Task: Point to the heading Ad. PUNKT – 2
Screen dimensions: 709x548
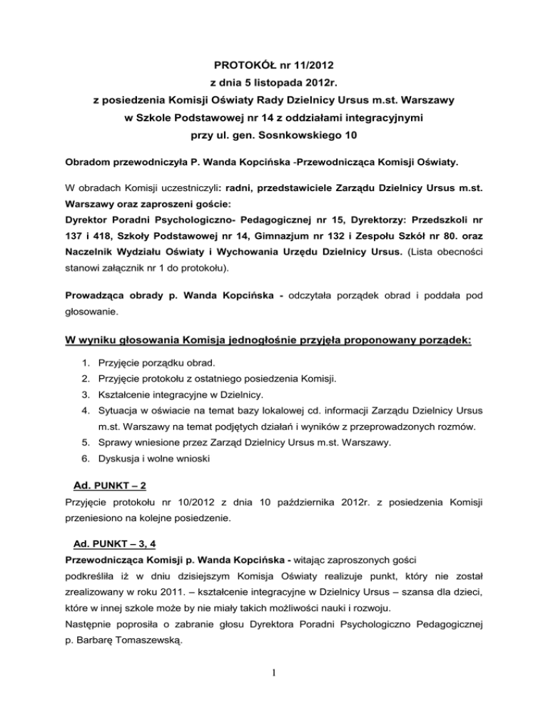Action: click(110, 485)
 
